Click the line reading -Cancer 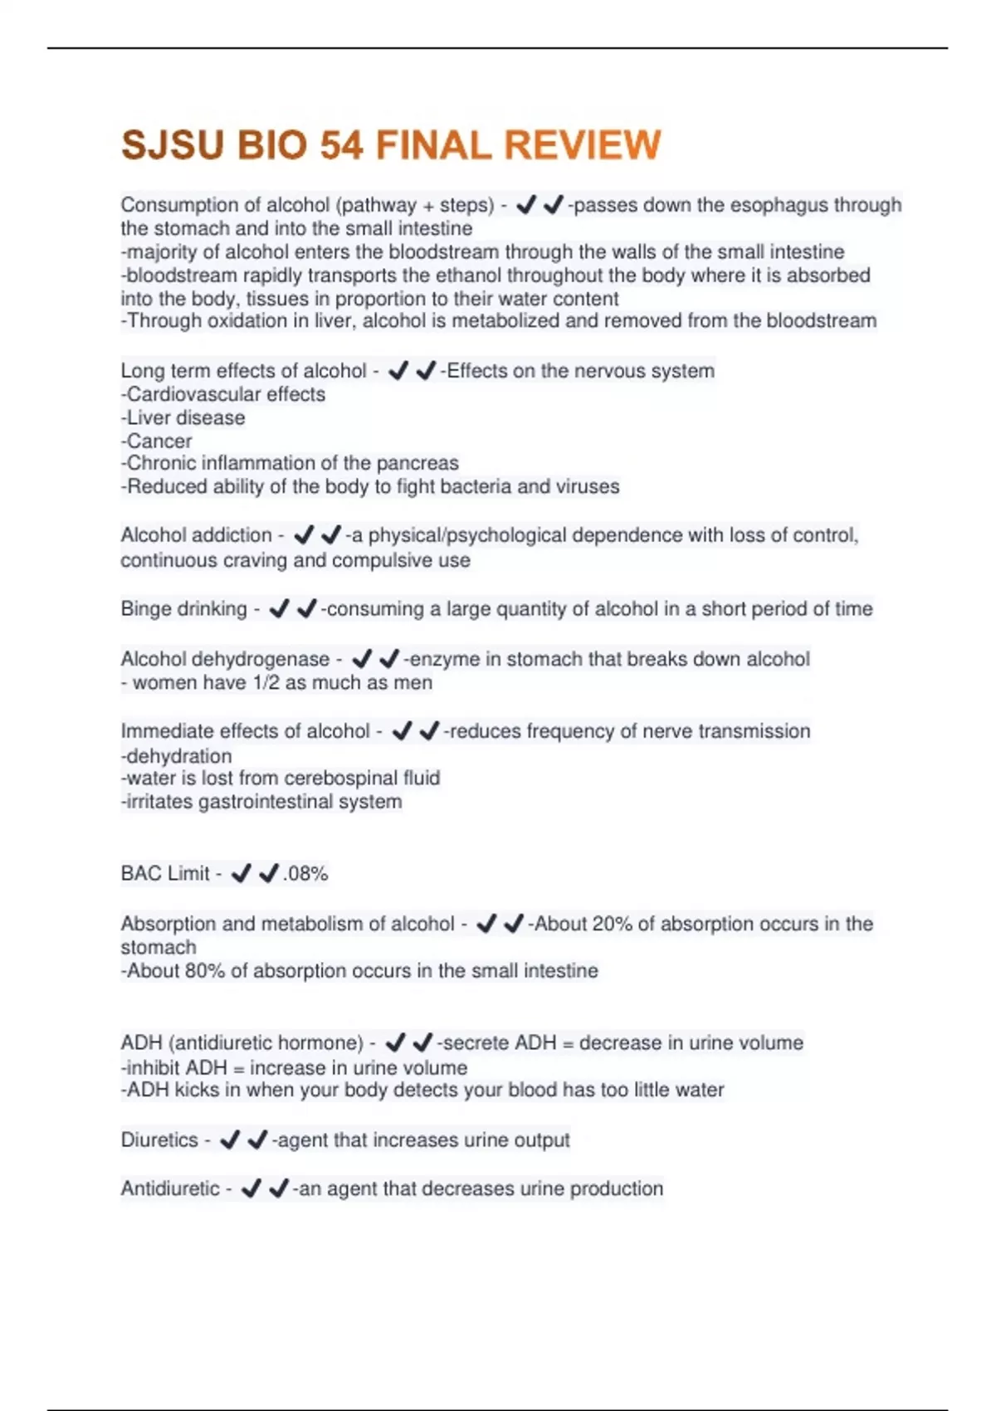click(x=157, y=441)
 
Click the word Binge click(x=145, y=609)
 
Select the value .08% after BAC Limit click(x=305, y=874)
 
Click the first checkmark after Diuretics click(x=230, y=1140)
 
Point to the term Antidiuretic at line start click(x=170, y=1189)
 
